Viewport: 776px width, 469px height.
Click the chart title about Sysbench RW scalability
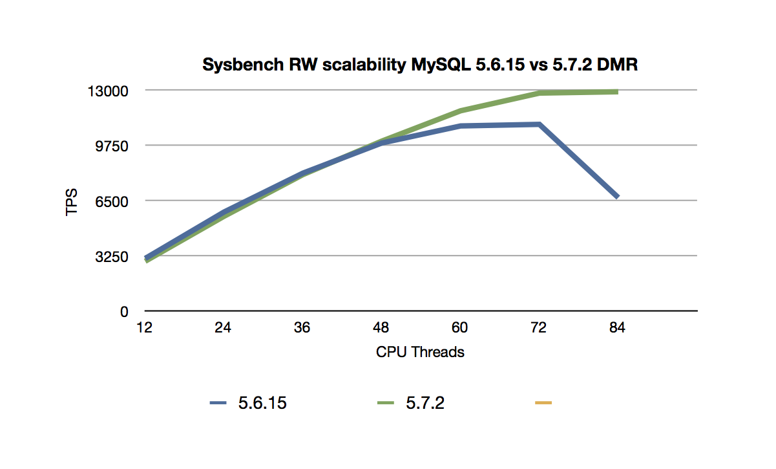click(420, 65)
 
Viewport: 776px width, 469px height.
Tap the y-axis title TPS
click(72, 202)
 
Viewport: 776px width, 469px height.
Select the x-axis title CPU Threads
click(420, 353)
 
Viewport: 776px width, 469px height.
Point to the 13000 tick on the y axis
click(114, 91)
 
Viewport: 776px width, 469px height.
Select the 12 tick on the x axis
click(144, 328)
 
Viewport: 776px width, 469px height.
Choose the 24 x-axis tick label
click(223, 328)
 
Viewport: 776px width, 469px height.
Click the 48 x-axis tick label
click(381, 328)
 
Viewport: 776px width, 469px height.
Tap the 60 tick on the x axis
click(459, 328)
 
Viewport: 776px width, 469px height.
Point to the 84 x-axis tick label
click(617, 328)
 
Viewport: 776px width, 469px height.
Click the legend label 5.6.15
click(262, 403)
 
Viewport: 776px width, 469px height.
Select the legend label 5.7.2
click(425, 403)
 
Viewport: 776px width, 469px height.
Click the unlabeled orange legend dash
click(543, 403)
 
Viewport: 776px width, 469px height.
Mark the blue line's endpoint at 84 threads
click(617, 196)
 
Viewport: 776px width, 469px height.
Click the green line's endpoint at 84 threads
click(617, 92)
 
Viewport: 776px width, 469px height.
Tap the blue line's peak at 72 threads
click(538, 124)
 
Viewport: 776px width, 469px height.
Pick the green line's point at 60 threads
click(459, 111)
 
